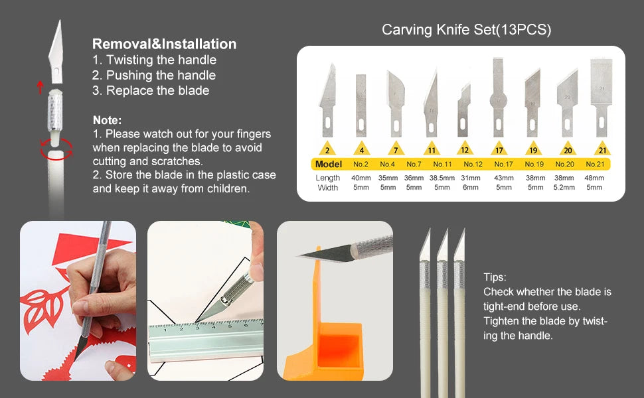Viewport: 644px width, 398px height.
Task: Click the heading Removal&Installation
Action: [164, 44]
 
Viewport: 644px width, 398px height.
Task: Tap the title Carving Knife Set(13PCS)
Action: [466, 30]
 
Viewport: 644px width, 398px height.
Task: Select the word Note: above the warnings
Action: [107, 120]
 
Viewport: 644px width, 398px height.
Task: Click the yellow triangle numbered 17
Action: [499, 149]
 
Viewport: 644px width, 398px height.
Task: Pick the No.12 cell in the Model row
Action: [473, 165]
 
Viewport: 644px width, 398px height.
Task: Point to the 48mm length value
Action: [594, 178]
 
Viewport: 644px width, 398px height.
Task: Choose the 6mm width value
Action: [470, 188]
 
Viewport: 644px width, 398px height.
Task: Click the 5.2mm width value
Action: [564, 188]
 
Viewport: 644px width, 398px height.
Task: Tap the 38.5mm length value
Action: [442, 178]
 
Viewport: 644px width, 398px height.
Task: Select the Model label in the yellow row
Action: [329, 165]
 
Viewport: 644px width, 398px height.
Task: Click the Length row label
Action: [328, 178]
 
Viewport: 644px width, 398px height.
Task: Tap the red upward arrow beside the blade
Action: [40, 86]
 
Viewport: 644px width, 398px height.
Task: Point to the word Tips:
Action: [495, 277]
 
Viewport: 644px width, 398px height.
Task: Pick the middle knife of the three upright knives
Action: [442, 312]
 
